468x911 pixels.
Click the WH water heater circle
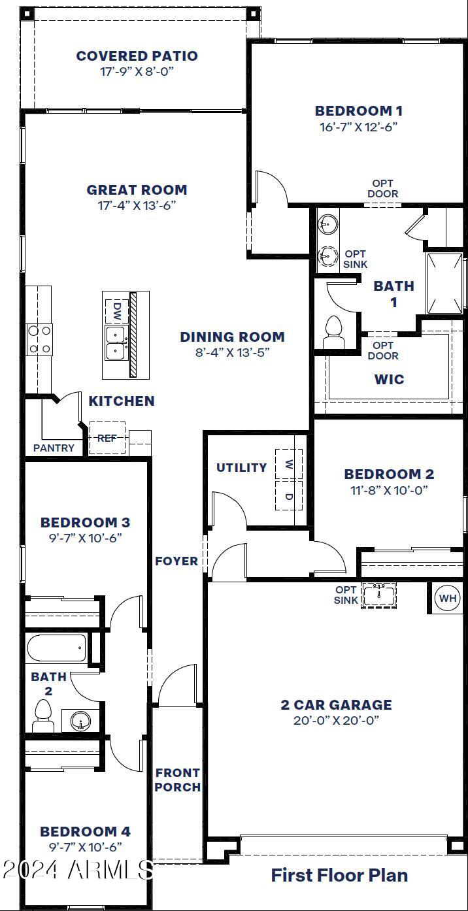[x=448, y=598]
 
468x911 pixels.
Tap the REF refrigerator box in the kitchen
[x=107, y=439]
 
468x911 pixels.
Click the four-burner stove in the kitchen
[x=39, y=340]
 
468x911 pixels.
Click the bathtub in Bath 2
[x=57, y=649]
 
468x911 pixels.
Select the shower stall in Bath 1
[x=444, y=282]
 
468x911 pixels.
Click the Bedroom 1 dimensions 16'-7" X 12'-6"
[x=358, y=127]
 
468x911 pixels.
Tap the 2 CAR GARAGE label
[x=336, y=704]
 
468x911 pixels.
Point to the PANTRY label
[x=54, y=448]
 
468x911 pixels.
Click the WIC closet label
[x=389, y=379]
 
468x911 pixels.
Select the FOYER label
[x=176, y=561]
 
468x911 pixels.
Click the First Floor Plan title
[x=339, y=874]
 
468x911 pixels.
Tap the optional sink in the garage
[x=378, y=595]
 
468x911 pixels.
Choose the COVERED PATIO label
[x=137, y=56]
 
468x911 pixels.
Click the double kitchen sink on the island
[x=116, y=342]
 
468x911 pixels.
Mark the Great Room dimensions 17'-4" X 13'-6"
[x=137, y=205]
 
